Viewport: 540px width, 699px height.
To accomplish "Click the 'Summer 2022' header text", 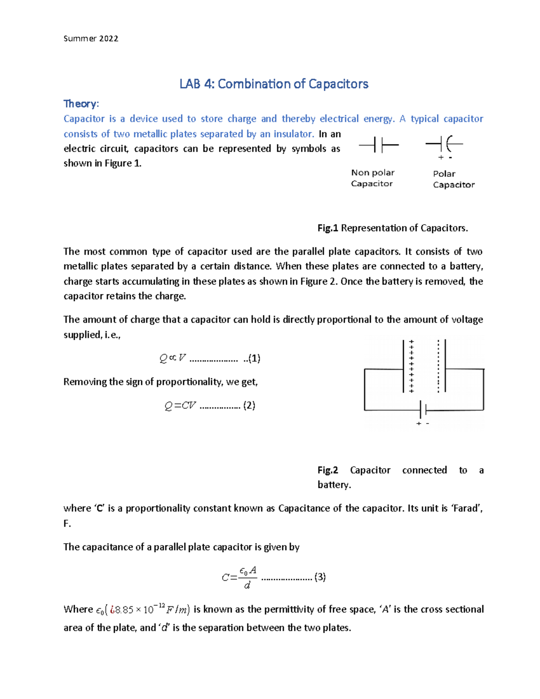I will tap(91, 39).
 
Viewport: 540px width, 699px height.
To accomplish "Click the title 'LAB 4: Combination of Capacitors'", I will tap(274, 84).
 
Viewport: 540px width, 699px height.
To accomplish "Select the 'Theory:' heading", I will tap(81, 104).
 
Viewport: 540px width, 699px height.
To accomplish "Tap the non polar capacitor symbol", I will tap(378, 145).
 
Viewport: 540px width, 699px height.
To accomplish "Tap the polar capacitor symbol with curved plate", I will tap(444, 144).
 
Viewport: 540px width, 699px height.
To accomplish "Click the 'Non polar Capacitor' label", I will tap(373, 178).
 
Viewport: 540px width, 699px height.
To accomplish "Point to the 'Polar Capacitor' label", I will tap(453, 179).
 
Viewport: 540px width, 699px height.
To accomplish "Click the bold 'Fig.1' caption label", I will tap(328, 228).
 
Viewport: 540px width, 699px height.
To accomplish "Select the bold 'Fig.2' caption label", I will tap(328, 470).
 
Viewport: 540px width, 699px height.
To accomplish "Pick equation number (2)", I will tap(249, 406).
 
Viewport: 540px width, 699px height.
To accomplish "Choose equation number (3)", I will tap(320, 577).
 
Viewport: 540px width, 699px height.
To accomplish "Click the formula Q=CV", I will tap(180, 406).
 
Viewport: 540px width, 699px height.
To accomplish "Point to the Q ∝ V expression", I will tap(172, 358).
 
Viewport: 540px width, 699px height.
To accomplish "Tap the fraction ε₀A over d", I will tap(247, 577).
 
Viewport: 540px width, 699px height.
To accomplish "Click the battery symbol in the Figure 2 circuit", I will tap(423, 410).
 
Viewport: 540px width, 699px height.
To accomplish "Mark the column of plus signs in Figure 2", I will tap(411, 366).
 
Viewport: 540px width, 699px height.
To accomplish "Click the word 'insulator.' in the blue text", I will tap(293, 134).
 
